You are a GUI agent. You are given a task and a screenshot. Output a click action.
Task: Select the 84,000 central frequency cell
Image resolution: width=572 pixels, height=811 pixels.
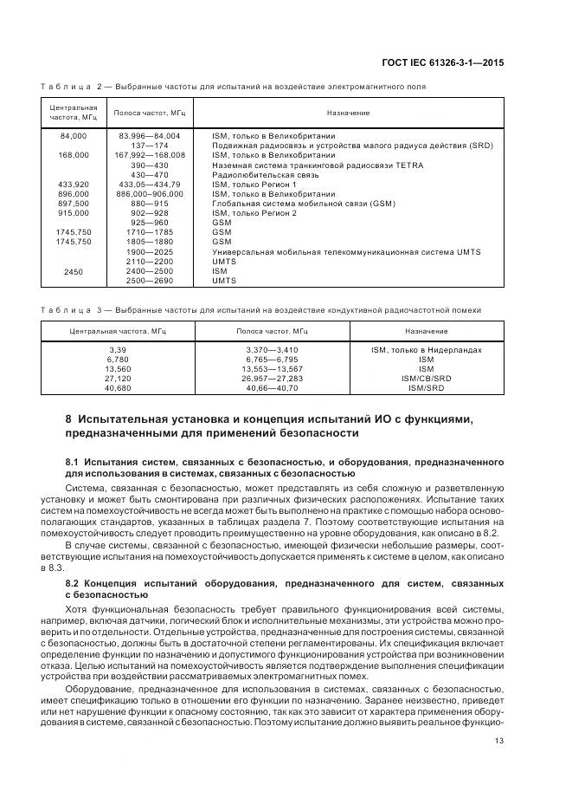coord(74,136)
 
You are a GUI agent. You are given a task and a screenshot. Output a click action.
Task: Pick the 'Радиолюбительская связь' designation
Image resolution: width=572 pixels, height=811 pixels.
coord(256,174)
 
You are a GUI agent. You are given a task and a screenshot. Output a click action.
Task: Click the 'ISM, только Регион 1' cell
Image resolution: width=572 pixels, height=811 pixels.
coord(254,185)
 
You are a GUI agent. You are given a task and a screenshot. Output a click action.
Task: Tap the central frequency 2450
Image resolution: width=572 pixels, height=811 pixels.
coord(74,271)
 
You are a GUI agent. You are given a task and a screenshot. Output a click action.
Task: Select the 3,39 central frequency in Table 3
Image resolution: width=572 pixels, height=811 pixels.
coord(116,350)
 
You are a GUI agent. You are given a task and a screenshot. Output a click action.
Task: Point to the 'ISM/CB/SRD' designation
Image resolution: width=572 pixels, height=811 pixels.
coord(426,379)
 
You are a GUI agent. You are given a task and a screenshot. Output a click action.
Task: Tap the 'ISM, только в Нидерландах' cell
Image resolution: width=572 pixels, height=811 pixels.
coord(426,350)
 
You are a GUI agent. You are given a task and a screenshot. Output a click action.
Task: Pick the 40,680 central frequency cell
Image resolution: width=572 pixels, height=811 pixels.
coord(116,388)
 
